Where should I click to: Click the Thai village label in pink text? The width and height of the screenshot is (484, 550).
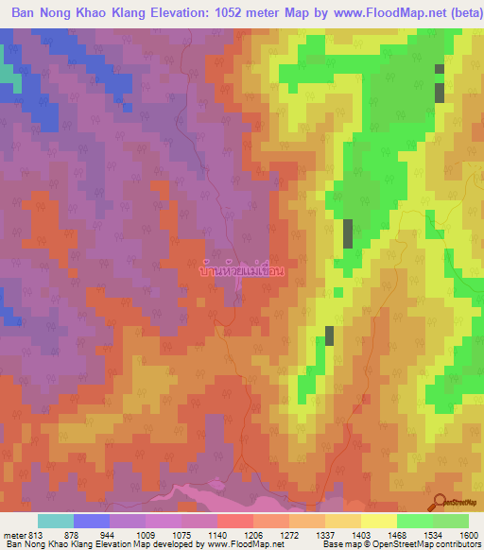pos(243,270)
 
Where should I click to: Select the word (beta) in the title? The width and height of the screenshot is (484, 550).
pos(457,12)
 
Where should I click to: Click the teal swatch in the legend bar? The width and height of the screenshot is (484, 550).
pos(56,521)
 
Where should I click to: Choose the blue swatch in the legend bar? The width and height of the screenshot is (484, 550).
pos(92,521)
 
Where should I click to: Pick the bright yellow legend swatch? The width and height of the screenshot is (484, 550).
pos(378,521)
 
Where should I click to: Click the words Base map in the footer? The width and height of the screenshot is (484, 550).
pos(341,544)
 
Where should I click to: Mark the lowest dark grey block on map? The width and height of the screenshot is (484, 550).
pos(330,335)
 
